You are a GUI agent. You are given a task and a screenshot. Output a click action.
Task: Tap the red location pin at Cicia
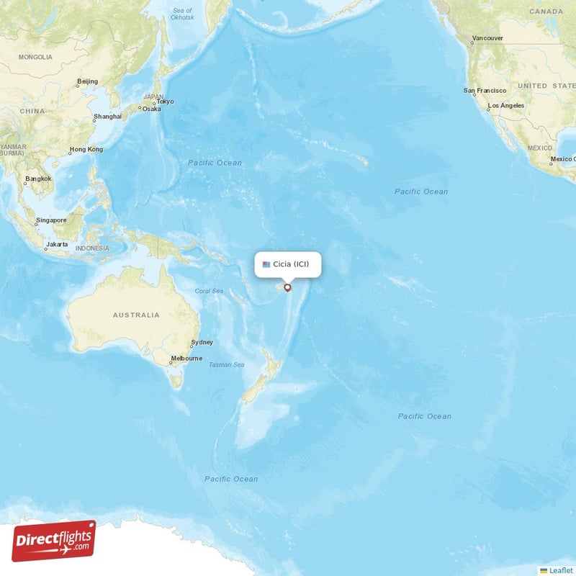pos(288,288)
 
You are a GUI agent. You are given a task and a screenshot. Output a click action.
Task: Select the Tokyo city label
pos(166,102)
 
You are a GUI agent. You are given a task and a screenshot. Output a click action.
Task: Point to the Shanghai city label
pos(107,116)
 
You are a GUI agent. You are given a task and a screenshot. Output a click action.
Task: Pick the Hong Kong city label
pos(86,150)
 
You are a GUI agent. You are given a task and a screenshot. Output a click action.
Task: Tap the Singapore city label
pos(51,220)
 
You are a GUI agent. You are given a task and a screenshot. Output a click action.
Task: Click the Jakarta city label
pos(57,244)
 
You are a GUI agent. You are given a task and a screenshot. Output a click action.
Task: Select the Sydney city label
pos(201,343)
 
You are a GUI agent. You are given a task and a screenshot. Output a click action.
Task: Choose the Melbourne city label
pos(186,359)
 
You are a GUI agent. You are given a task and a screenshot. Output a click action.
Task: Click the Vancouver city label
pos(487,38)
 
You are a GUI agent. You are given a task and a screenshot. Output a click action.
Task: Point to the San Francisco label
pos(485,91)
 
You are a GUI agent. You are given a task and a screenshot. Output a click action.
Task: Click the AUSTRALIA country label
pos(136,315)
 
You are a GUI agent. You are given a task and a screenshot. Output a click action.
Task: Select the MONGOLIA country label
pos(35,57)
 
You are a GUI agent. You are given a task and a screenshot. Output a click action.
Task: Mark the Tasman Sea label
pos(226,365)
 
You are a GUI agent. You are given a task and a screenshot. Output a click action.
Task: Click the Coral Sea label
pos(210,292)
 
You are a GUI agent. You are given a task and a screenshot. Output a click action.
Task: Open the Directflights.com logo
pos(54,541)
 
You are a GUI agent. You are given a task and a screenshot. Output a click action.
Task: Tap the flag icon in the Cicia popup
pos(266,264)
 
